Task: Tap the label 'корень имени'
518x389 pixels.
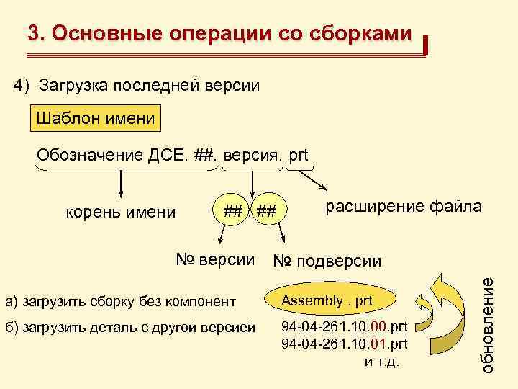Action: tap(121, 212)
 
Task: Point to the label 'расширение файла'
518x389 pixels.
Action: tap(404, 207)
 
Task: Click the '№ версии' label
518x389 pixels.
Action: tap(215, 259)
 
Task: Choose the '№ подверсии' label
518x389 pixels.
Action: tap(327, 261)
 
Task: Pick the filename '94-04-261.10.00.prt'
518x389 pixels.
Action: tap(345, 327)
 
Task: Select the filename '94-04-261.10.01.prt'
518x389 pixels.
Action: tap(345, 343)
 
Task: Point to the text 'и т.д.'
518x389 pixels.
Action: tap(382, 360)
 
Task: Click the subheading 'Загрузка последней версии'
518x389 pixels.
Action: tap(150, 86)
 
